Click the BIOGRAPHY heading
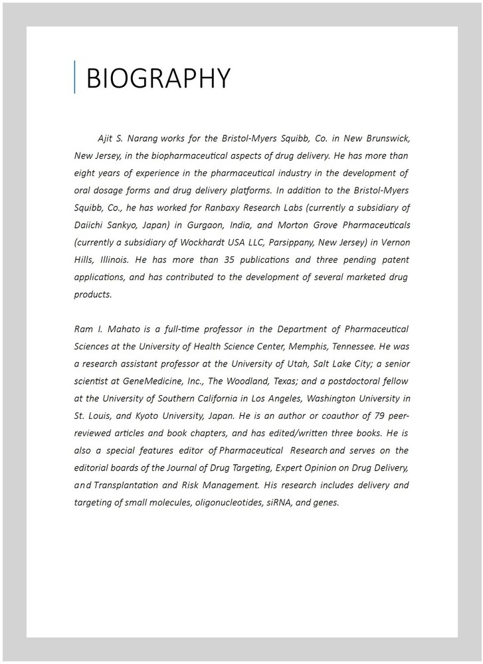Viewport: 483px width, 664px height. (158, 78)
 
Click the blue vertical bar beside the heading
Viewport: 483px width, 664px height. (75, 77)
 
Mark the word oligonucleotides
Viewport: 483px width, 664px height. (227, 502)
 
